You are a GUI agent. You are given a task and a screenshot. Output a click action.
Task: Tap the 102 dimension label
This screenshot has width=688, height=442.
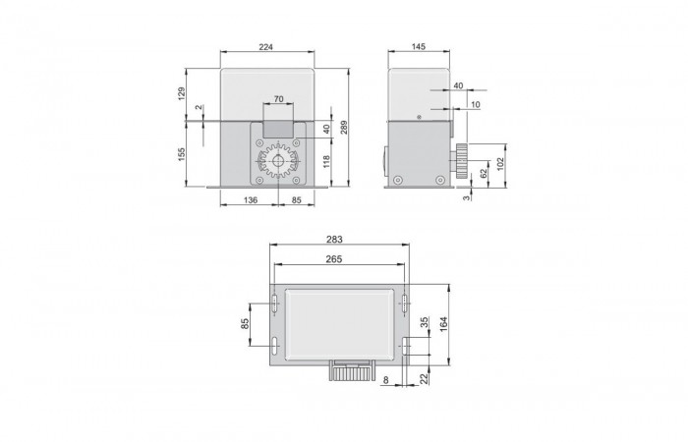pos(500,162)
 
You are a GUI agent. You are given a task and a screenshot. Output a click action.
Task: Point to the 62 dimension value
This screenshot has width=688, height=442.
pos(484,173)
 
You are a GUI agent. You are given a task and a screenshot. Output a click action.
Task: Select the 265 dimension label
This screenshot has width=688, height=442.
pos(338,258)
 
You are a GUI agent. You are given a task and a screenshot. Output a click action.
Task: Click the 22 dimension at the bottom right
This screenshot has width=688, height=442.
pos(425,380)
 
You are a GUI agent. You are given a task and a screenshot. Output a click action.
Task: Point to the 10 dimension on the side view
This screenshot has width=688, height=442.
pos(477,103)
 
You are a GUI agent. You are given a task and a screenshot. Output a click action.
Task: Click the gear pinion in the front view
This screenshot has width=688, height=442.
pos(277,163)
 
